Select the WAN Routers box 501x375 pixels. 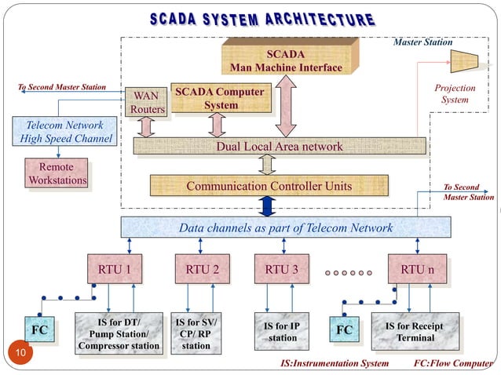147,103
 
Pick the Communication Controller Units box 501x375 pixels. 269,187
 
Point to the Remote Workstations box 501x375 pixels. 57,174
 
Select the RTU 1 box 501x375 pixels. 119,271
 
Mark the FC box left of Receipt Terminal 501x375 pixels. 344,330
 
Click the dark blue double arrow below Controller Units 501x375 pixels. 267,206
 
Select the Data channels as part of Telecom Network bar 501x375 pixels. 286,228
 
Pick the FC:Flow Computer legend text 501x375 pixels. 455,364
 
